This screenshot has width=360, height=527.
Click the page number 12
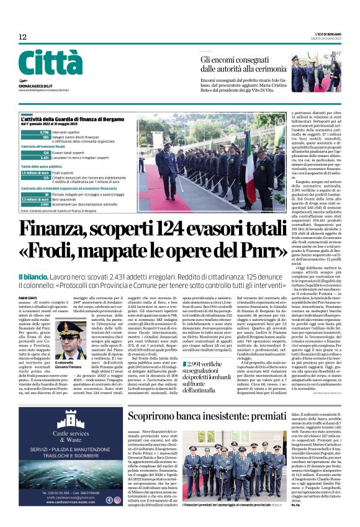click(x=23, y=37)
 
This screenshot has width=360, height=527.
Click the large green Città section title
click(x=50, y=63)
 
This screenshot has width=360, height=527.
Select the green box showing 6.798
click(x=44, y=132)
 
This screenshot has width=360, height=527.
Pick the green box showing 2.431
click(x=44, y=158)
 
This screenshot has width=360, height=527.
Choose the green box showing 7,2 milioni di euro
click(x=35, y=199)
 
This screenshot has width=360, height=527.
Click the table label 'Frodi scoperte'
click(x=65, y=173)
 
